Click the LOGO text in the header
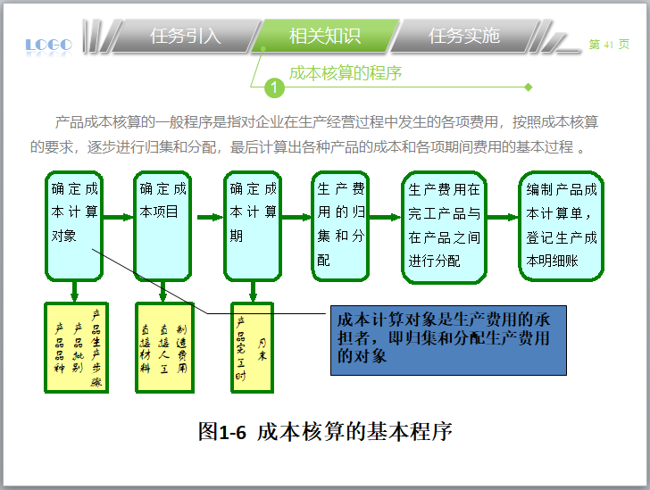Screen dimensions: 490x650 tap(48, 44)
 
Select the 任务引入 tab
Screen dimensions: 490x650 tap(185, 36)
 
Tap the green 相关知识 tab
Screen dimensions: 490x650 tap(324, 36)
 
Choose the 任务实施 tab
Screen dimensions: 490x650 tap(463, 36)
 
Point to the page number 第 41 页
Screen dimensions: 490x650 tap(609, 45)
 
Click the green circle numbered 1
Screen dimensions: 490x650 tap(274, 87)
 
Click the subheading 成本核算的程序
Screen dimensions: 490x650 tap(345, 72)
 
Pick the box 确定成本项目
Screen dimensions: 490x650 tap(164, 226)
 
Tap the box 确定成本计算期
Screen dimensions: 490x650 tap(254, 226)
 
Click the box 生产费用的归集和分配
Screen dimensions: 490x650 tap(340, 226)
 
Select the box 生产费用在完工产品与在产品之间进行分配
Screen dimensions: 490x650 tap(445, 226)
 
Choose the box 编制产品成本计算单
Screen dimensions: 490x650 tap(562, 226)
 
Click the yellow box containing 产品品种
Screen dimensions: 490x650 tap(76, 347)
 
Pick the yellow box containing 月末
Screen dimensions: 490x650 tap(252, 347)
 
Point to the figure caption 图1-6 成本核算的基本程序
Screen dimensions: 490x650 tap(325, 432)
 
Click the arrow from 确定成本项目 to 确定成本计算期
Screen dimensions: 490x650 tap(209, 217)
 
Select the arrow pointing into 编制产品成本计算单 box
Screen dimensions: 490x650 tap(503, 217)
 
